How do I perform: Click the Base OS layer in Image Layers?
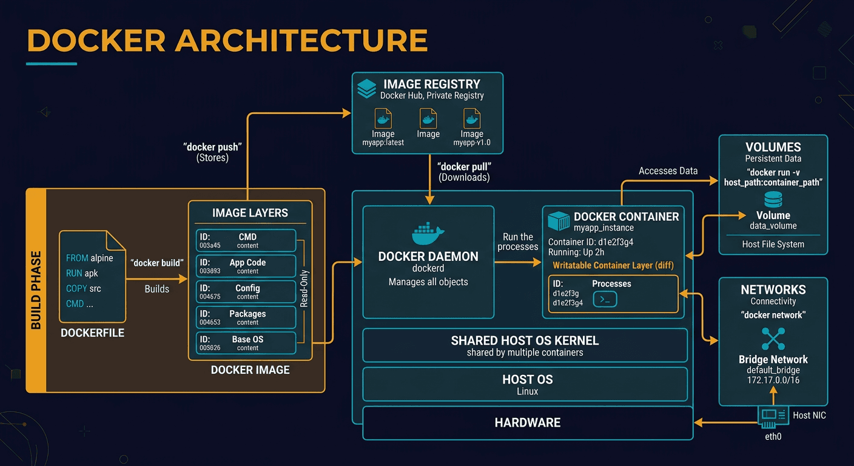tap(246, 343)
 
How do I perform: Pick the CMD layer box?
tap(246, 240)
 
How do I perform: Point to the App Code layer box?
tap(246, 266)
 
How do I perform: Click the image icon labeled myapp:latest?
tap(383, 118)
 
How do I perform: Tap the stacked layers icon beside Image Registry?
tap(367, 89)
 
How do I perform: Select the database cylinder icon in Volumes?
tap(773, 198)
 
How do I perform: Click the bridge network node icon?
tap(773, 339)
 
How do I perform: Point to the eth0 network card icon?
tap(773, 416)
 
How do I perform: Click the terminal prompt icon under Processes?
tap(604, 299)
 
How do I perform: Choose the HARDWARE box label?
tap(527, 423)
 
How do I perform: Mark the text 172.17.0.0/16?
tap(773, 380)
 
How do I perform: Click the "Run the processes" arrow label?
tap(517, 241)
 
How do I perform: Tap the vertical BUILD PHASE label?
tap(36, 290)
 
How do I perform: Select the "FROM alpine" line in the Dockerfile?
tap(90, 258)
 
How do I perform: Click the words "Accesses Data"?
tap(668, 171)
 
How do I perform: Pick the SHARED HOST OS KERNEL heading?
tap(525, 340)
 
